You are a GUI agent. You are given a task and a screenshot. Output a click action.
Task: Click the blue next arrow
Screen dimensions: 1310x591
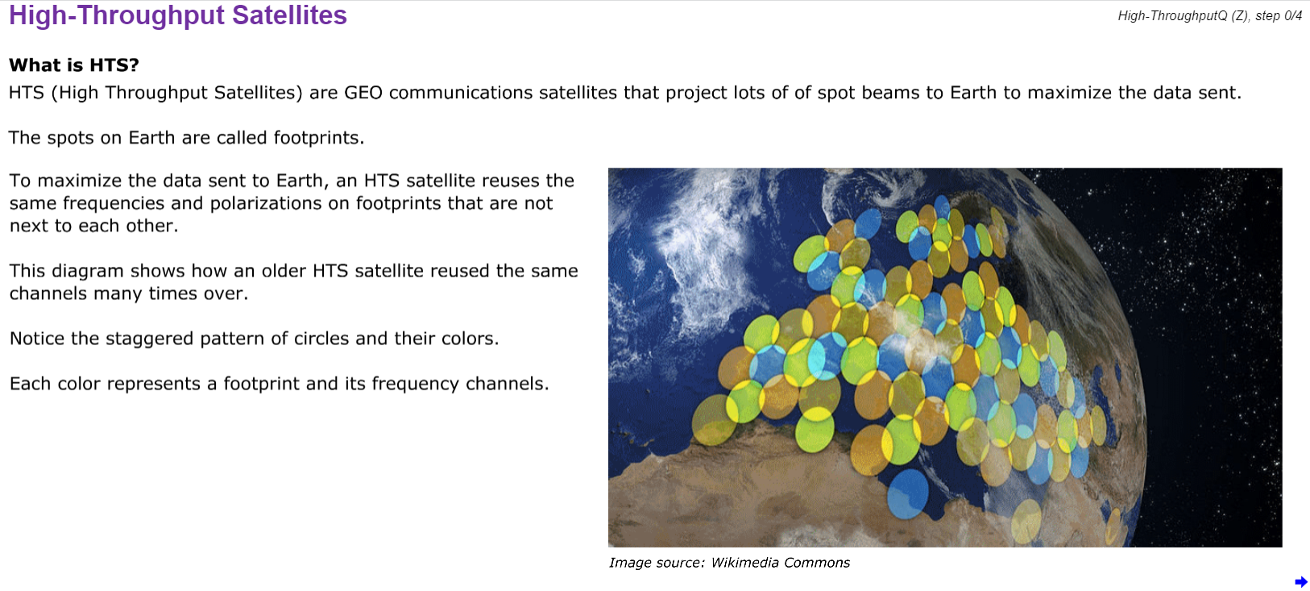pos(1300,581)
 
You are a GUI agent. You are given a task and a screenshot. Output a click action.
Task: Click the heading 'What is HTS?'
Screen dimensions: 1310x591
pos(74,65)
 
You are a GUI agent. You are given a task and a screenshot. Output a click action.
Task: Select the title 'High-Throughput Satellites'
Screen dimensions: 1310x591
pos(178,15)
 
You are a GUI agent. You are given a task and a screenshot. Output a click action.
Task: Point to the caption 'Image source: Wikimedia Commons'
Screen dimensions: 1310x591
pos(729,562)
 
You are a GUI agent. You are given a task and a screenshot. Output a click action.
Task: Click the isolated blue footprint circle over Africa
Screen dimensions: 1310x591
pos(908,495)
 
